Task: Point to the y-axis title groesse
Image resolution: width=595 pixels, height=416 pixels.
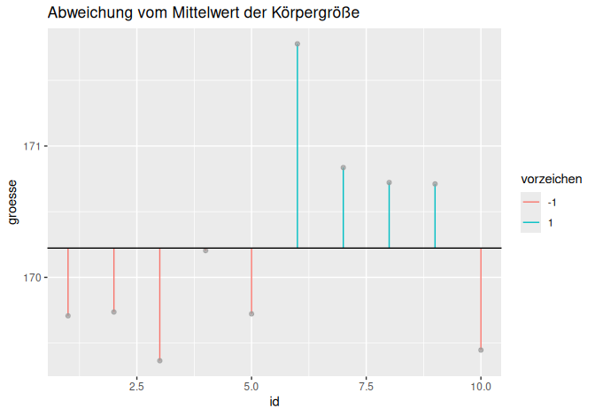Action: coord(13,203)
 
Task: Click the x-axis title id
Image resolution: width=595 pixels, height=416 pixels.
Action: coord(274,402)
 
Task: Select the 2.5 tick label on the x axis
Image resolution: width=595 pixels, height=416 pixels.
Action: coord(136,387)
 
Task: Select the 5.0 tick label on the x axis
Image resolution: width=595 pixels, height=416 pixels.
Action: coord(251,387)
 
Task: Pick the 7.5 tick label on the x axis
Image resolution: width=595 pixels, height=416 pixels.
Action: coord(366,387)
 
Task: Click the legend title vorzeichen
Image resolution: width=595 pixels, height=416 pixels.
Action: coord(551,179)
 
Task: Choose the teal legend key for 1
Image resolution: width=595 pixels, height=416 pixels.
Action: coord(531,223)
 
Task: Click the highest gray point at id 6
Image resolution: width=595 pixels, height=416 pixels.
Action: coord(297,43)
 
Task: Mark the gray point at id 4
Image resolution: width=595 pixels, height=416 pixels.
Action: coord(205,250)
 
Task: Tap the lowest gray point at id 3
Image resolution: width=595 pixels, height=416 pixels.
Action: coord(159,360)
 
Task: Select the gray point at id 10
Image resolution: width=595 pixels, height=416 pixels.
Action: coord(481,350)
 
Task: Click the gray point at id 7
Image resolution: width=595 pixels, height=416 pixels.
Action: coord(344,167)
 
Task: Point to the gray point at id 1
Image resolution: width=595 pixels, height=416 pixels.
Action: coord(68,316)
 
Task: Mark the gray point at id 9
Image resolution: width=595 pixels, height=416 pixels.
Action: coord(435,184)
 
